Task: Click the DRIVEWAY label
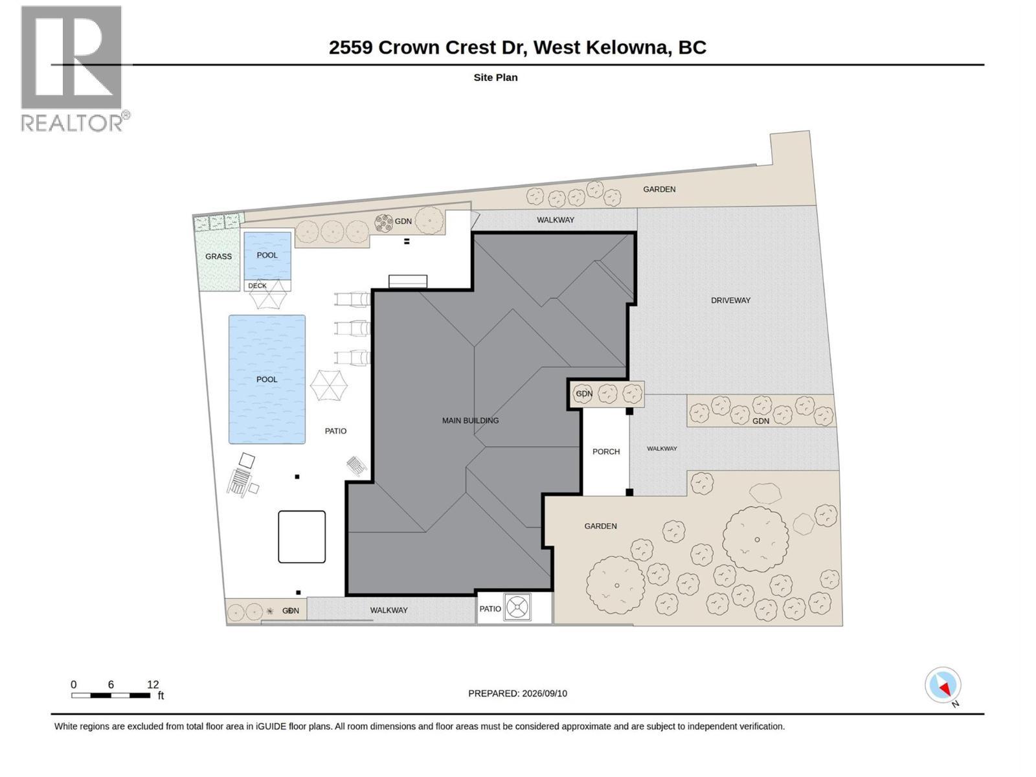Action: click(x=730, y=300)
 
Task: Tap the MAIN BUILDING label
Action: click(x=470, y=420)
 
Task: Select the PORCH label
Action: click(x=606, y=451)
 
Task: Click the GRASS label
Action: click(x=218, y=256)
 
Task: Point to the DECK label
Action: click(x=257, y=286)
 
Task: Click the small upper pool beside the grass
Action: click(x=267, y=256)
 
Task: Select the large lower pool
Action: click(x=267, y=379)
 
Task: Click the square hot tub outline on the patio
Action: click(x=302, y=536)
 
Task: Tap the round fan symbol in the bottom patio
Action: click(x=518, y=607)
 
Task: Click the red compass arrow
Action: click(x=945, y=690)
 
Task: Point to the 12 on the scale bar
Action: click(x=153, y=684)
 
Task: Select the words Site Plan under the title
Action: click(x=495, y=77)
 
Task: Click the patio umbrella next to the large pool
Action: click(x=329, y=385)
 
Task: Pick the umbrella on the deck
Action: click(x=268, y=294)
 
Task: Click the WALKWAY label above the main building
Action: click(x=556, y=220)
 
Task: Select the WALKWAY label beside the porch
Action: click(x=662, y=449)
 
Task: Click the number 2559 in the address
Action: click(x=351, y=48)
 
